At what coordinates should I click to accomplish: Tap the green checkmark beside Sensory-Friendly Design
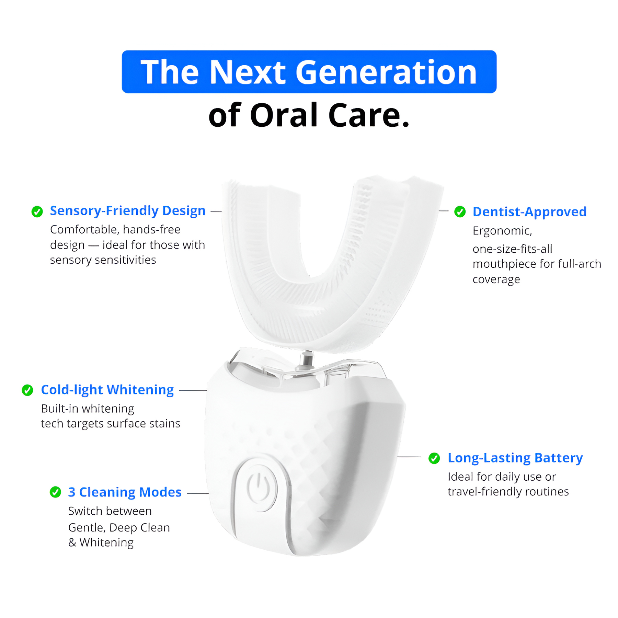pos(37,211)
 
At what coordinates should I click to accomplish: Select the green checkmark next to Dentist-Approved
pos(460,212)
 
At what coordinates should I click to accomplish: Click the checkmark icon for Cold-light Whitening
pos(27,390)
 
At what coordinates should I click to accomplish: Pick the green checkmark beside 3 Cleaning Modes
pos(55,492)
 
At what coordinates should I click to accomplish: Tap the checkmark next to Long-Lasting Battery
pos(434,458)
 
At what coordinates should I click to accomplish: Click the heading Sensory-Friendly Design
pos(128,211)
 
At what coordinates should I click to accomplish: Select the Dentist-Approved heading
pos(529,212)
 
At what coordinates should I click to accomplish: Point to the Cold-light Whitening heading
pos(107,390)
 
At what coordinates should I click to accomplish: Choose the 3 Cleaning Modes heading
pos(125,492)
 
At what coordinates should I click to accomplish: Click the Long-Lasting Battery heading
pos(515,458)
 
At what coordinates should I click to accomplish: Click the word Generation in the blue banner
pos(386,72)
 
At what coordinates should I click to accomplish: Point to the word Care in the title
pos(364,115)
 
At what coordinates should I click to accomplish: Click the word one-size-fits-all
pos(512,249)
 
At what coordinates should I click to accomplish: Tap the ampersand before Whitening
pos(72,543)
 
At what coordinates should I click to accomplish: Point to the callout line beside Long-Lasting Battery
pos(409,457)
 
